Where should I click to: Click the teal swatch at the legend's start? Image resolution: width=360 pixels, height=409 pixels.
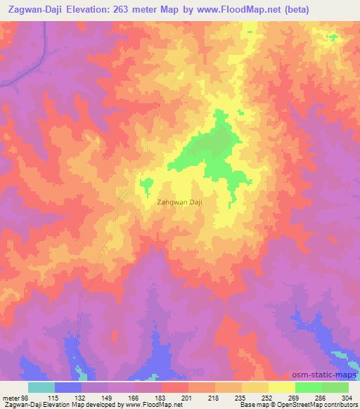tap(41, 387)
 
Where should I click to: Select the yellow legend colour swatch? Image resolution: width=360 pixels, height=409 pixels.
tap(281, 387)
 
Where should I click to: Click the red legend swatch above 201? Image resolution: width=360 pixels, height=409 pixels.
tap(174, 387)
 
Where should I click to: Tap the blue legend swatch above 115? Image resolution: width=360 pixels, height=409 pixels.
tap(68, 387)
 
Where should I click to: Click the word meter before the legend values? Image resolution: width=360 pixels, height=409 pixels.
tap(12, 398)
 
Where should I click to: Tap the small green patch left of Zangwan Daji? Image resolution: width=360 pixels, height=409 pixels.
tap(147, 185)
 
